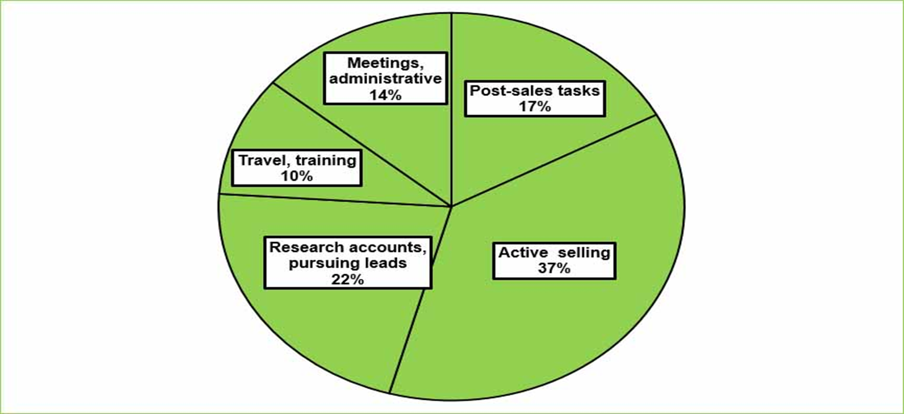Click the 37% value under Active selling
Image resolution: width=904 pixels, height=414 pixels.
click(555, 269)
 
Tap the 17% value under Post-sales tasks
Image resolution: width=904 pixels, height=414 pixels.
click(534, 106)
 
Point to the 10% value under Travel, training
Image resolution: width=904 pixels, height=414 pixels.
click(297, 176)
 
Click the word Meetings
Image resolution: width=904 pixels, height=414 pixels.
click(384, 63)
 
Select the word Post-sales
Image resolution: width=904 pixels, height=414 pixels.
click(501, 90)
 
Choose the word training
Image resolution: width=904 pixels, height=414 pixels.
click(326, 160)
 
